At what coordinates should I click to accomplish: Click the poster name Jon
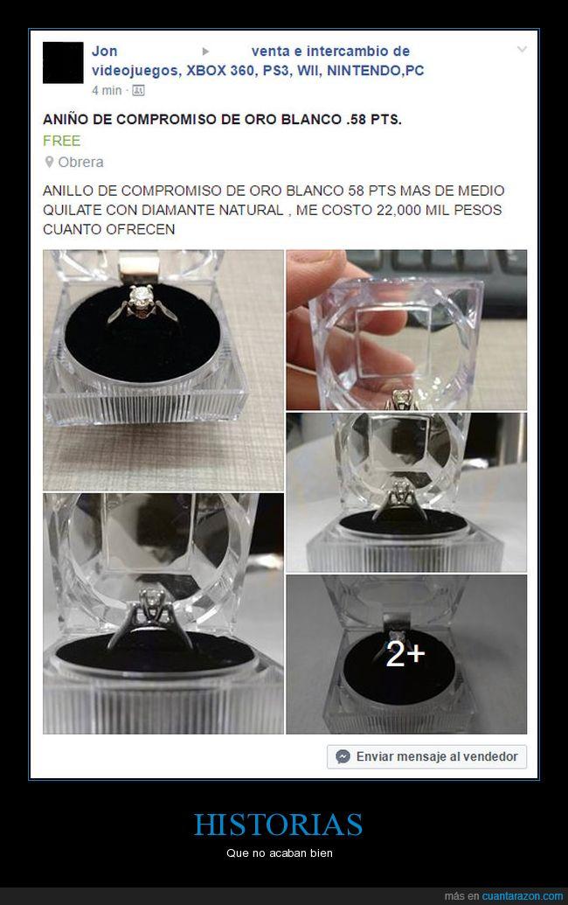tap(104, 51)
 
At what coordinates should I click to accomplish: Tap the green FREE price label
tap(62, 141)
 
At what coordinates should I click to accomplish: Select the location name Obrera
tap(80, 162)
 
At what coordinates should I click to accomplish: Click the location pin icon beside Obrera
tap(50, 162)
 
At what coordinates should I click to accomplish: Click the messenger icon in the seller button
tap(343, 756)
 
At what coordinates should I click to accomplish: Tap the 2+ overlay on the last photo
tap(405, 655)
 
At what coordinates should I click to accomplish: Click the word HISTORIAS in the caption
tap(279, 825)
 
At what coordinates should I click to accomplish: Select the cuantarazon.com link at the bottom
tap(523, 895)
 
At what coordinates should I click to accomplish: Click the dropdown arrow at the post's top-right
tap(522, 50)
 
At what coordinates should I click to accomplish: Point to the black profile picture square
tap(63, 63)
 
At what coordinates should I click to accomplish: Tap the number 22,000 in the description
tap(398, 210)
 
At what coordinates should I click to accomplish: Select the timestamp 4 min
tap(107, 91)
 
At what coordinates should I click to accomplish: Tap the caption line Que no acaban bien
tap(280, 853)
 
